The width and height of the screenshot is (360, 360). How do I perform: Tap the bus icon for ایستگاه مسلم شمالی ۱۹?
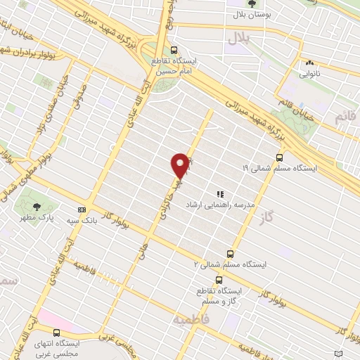[x=280, y=157]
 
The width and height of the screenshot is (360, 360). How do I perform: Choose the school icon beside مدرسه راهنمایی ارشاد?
[x=219, y=193]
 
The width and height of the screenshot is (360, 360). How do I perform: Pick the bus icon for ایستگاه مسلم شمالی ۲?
[x=230, y=254]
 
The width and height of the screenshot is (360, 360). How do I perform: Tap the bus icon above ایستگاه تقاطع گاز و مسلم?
[x=219, y=279]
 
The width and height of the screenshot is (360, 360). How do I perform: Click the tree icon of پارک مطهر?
[x=37, y=206]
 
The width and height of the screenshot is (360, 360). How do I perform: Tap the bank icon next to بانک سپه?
[x=82, y=210]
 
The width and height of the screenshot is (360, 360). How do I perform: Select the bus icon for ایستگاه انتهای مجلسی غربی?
[x=56, y=333]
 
